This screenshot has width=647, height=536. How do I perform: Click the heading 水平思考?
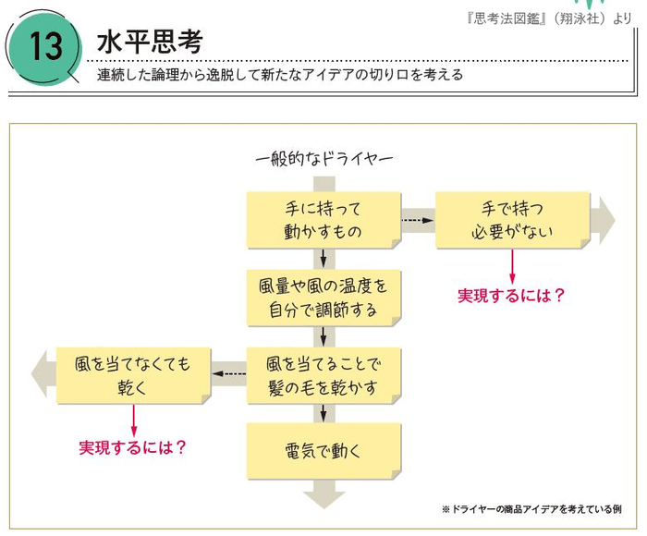pos(149,42)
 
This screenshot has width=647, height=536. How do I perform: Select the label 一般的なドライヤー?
pos(323,159)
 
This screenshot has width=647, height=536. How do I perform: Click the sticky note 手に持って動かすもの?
pos(323,219)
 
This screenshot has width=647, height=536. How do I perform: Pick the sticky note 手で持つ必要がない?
pos(512,219)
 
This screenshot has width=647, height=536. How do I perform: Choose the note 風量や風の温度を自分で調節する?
pos(323,298)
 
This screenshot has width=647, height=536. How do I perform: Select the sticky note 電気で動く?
pos(323,451)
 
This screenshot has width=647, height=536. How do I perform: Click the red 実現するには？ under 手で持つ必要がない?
pos(511,296)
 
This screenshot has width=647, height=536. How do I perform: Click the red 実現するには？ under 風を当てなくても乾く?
pos(133,447)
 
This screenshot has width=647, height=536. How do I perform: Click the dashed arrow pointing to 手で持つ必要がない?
pos(418,220)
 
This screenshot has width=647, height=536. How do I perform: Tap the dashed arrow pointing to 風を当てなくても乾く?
pos(229,374)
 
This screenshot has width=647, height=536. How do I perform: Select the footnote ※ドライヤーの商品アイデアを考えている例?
pos(531,509)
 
